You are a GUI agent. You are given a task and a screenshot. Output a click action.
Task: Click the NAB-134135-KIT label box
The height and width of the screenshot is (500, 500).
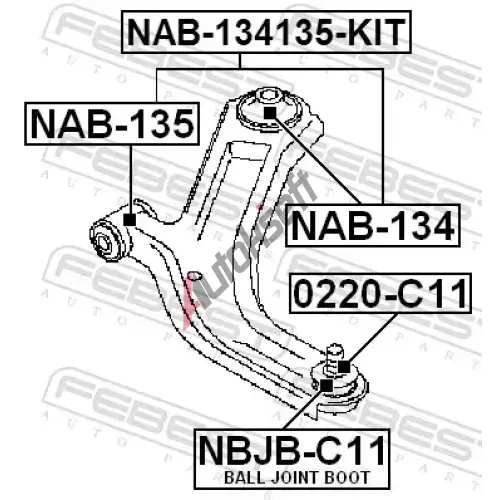pos(266,32)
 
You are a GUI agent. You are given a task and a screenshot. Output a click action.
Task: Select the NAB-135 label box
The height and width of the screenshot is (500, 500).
pos(112,124)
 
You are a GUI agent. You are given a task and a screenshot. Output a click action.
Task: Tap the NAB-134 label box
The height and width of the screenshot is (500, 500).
pos(373,225)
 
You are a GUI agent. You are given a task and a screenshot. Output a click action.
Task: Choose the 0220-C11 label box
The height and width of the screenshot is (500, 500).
pos(380,293)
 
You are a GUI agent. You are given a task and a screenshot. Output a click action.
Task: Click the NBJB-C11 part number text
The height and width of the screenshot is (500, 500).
pos(292,451)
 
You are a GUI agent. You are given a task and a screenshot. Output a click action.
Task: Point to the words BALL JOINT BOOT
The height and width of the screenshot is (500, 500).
pos(297,477)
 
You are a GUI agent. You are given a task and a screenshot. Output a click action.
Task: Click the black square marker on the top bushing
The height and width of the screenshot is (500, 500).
pos(270,113)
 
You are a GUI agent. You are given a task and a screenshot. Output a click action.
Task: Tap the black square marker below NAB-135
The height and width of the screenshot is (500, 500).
pos(130,219)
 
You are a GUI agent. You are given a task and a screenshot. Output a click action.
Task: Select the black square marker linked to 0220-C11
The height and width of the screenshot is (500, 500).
pos(344,367)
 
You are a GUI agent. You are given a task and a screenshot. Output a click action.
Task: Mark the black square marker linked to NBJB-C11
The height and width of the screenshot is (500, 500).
pos(326,385)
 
